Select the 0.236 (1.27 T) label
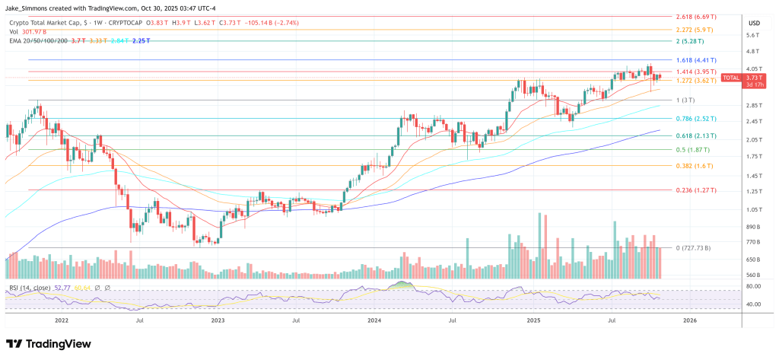point(698,190)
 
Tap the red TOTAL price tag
point(730,77)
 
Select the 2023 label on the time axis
point(218,321)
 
